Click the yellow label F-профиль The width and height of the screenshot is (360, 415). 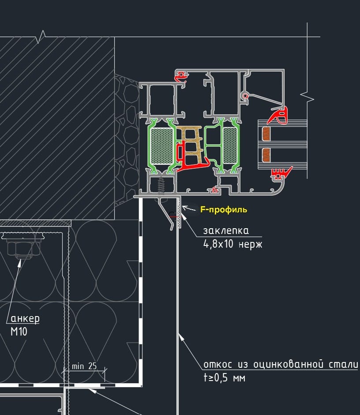coord(224,210)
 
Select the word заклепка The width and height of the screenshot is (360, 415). coord(226,231)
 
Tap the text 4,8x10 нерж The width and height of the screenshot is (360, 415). coord(233,244)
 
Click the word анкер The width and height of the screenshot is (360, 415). coord(25,318)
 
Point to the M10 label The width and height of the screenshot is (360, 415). coord(19,332)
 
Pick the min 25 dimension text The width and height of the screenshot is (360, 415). coord(84,366)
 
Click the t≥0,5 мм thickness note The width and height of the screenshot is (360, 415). coord(224,377)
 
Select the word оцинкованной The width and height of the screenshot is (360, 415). coord(288,364)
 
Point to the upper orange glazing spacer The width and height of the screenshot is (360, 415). coord(266,134)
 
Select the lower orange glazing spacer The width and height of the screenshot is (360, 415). coord(266,155)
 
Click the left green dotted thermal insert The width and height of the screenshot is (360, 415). coord(161,145)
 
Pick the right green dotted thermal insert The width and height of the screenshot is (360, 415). coord(230,145)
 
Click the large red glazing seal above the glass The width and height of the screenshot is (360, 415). coord(278,115)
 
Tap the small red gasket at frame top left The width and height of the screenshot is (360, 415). coord(181,77)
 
